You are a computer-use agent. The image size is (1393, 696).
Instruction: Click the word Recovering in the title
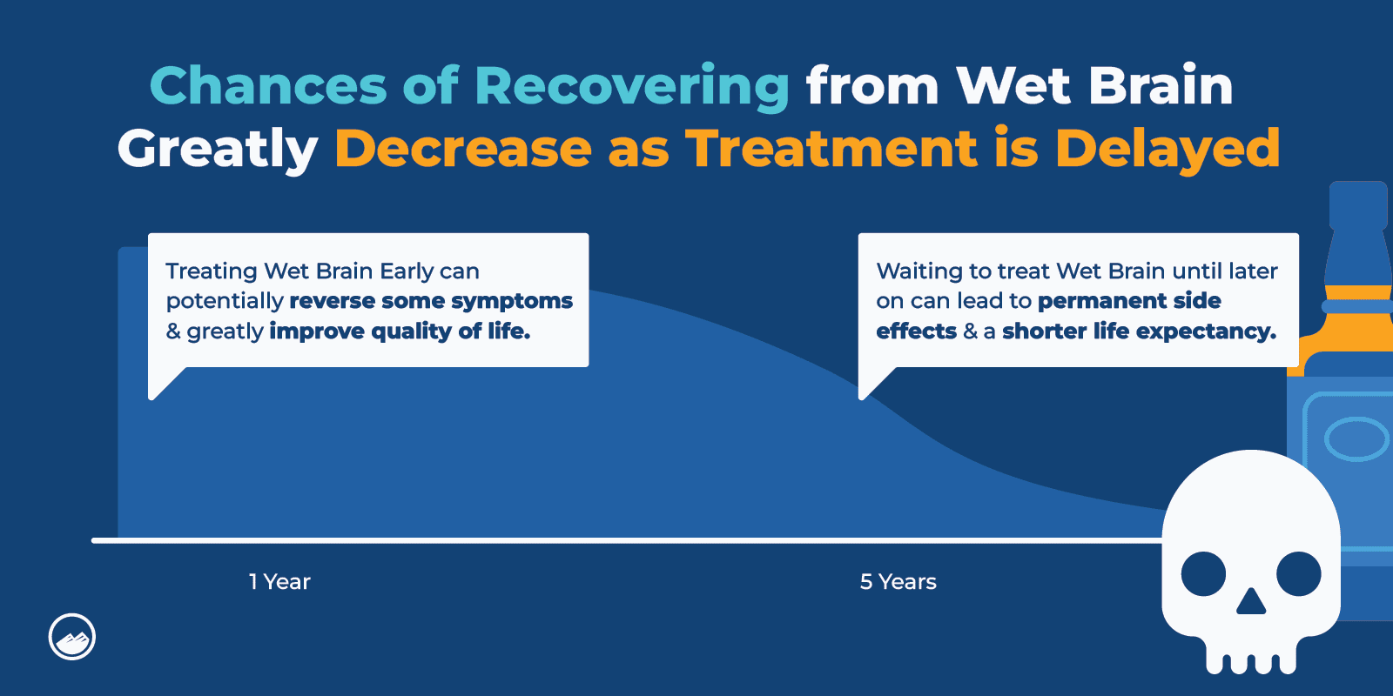(x=631, y=87)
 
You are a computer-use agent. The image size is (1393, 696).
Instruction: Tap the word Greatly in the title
(x=218, y=149)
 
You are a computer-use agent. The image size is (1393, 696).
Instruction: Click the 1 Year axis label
(x=279, y=582)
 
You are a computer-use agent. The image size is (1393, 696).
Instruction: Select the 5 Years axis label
(x=898, y=582)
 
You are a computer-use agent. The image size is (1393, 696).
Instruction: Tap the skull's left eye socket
(x=1203, y=574)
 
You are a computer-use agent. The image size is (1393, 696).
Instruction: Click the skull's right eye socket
(x=1299, y=574)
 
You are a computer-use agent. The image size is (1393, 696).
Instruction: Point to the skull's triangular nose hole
(x=1251, y=602)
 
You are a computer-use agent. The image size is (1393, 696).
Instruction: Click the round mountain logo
(x=72, y=637)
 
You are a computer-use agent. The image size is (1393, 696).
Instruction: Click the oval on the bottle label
(x=1356, y=438)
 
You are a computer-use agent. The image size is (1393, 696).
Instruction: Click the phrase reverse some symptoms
(x=431, y=301)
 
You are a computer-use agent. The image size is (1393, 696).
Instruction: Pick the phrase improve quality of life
(x=400, y=331)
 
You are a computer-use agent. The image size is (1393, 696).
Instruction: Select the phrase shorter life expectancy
(x=1139, y=331)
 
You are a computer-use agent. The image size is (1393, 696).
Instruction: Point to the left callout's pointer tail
(x=164, y=382)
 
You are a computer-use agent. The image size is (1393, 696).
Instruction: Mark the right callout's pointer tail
(x=873, y=382)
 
